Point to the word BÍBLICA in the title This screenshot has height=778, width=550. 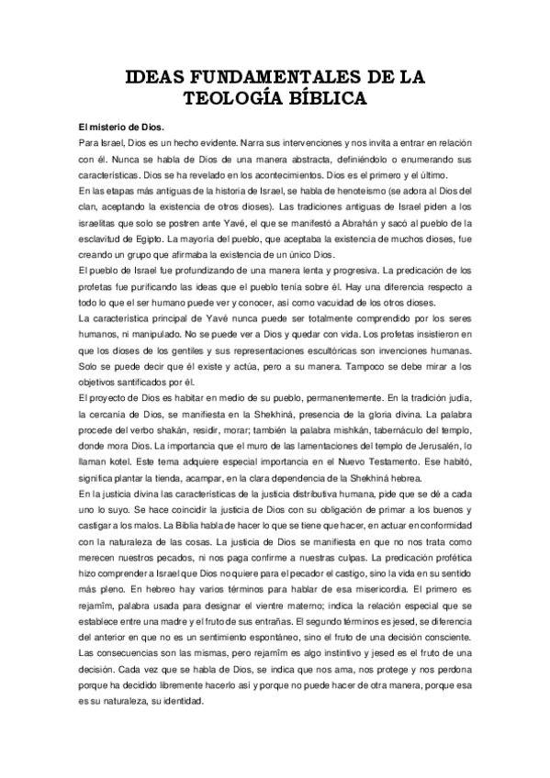pyautogui.click(x=329, y=98)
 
